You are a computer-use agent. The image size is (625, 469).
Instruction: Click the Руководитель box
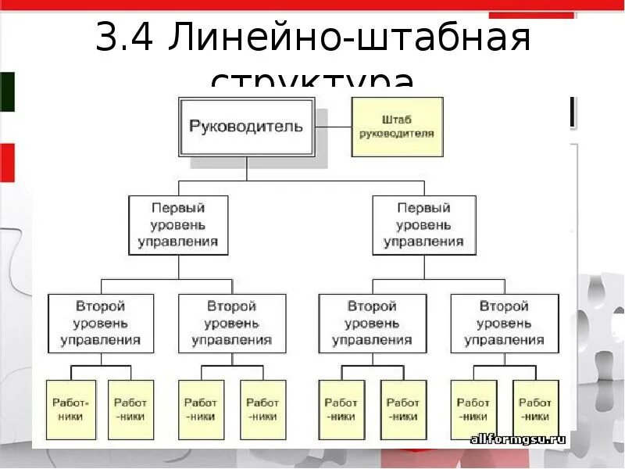click(246, 127)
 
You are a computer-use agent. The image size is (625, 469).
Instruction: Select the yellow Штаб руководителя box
click(397, 127)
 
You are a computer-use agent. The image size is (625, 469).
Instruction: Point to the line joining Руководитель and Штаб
click(333, 127)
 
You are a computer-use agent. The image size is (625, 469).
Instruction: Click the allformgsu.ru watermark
click(517, 439)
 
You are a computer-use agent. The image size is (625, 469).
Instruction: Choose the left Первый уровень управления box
click(178, 225)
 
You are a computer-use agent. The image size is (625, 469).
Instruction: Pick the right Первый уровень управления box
click(423, 225)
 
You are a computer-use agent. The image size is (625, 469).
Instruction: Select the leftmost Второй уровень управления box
click(101, 323)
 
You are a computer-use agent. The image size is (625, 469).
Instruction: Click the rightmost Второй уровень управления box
click(504, 323)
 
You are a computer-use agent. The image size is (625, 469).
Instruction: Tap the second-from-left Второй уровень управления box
click(232, 323)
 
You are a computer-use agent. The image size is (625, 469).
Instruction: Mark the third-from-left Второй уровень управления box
click(373, 323)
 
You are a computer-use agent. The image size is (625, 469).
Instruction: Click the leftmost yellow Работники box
click(70, 410)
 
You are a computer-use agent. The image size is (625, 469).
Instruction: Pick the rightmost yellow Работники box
click(535, 410)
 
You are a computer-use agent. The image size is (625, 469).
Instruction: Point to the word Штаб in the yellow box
click(397, 120)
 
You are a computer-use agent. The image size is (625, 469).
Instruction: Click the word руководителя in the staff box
click(397, 134)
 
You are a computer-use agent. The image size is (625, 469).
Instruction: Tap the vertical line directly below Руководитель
click(246, 168)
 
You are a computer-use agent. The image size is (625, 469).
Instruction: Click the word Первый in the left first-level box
click(178, 209)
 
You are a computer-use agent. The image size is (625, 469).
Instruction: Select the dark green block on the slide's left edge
click(7, 91)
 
